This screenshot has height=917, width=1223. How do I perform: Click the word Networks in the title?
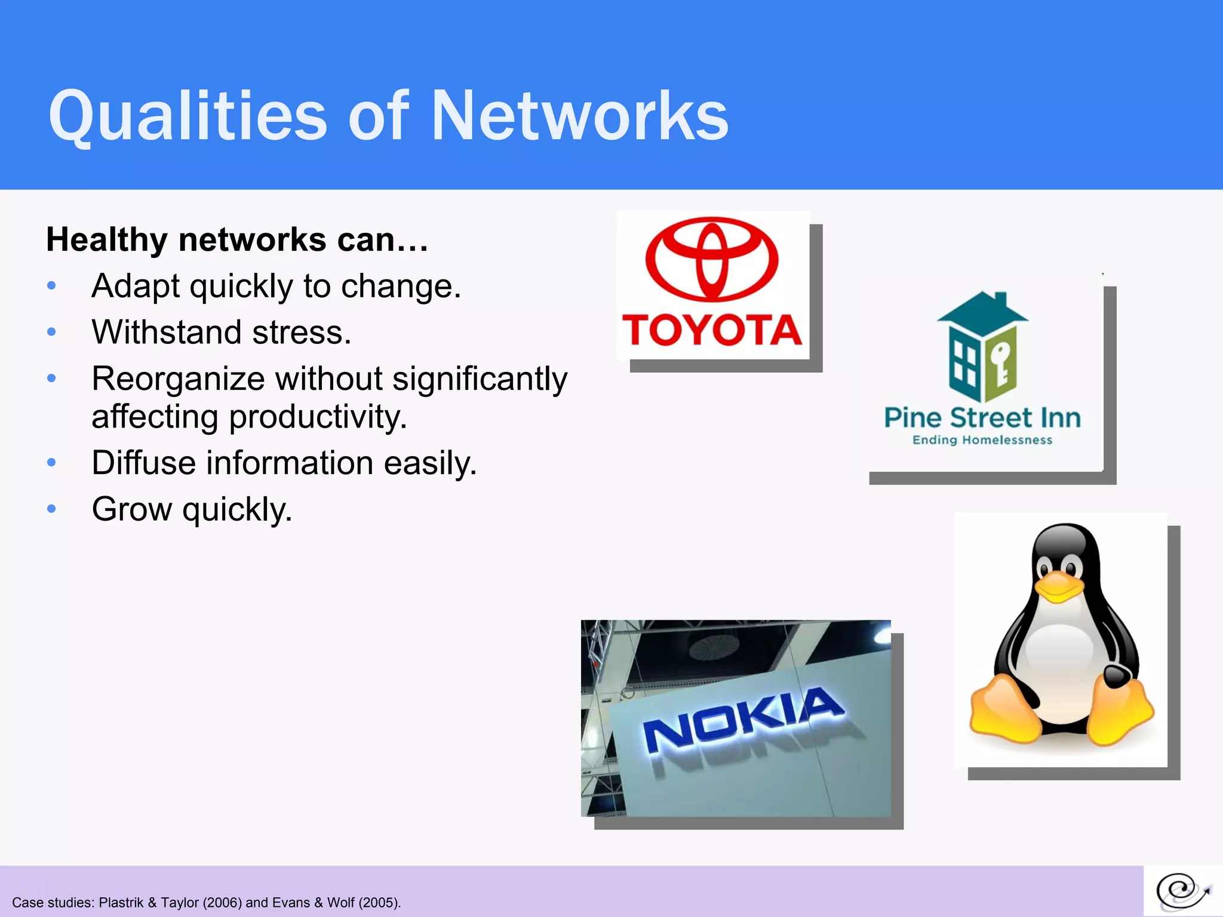click(579, 116)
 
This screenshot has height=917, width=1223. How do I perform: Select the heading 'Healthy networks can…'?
click(237, 240)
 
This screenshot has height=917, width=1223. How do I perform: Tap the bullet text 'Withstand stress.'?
click(222, 332)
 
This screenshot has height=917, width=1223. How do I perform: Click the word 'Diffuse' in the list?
click(143, 463)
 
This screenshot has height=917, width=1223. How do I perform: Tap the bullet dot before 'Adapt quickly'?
click(52, 286)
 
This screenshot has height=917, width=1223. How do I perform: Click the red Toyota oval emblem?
click(712, 259)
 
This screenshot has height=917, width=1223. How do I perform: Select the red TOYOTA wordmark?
click(712, 330)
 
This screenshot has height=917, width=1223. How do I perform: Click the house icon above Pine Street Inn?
click(982, 346)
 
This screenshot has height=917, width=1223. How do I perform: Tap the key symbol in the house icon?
click(1000, 362)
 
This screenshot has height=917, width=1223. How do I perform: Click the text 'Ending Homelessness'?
click(982, 441)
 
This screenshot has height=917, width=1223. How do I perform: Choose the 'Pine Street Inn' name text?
click(982, 417)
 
